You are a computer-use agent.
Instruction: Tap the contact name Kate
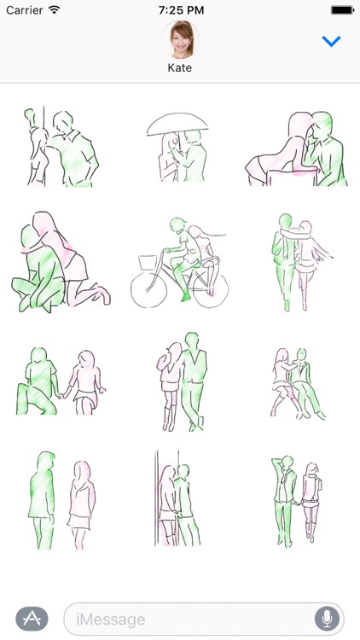180,67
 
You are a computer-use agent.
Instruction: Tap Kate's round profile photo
180,39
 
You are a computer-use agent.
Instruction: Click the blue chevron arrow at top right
331,42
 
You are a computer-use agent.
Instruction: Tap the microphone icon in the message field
326,619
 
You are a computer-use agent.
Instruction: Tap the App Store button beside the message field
32,619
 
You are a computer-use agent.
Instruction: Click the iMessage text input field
188,619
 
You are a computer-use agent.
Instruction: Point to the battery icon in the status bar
342,9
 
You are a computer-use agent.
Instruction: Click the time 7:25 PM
180,9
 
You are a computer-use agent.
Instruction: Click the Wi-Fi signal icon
55,9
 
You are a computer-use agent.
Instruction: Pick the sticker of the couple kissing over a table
299,149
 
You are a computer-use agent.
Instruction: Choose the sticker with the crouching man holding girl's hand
60,381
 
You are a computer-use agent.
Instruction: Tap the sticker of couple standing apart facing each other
60,499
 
